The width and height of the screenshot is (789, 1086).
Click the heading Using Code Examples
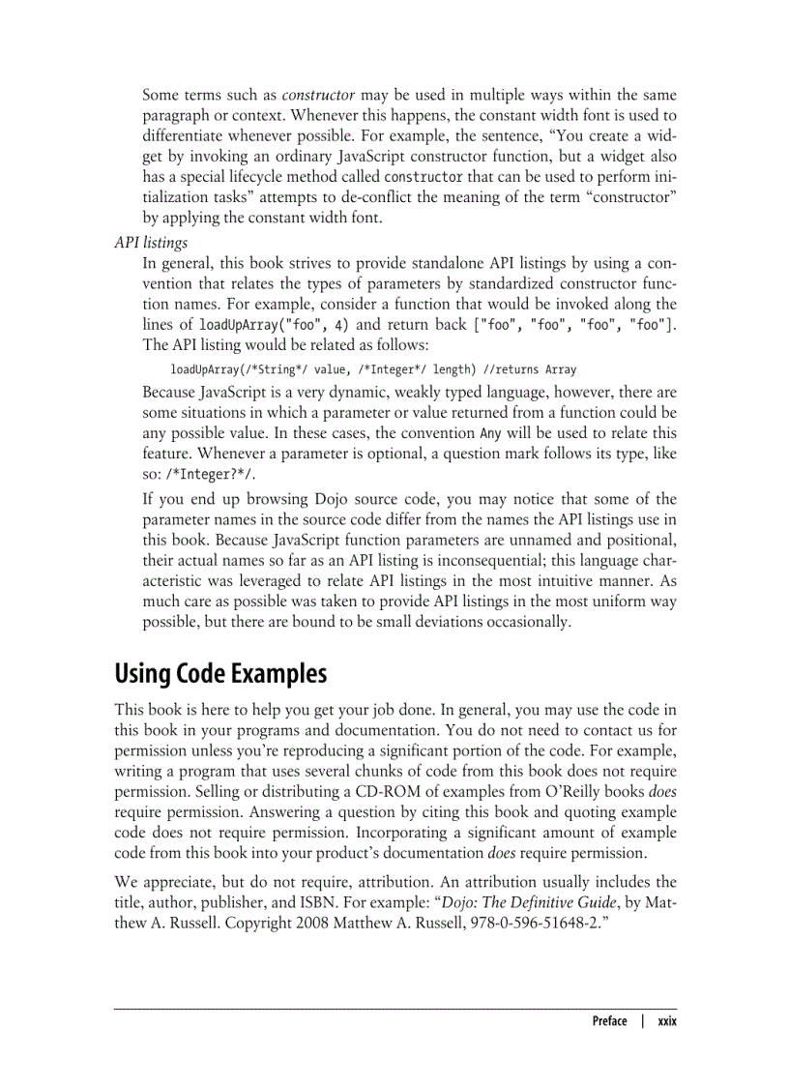pyautogui.click(x=220, y=672)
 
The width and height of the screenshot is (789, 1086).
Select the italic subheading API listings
pyautogui.click(x=151, y=242)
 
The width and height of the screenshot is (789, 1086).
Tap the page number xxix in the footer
pyautogui.click(x=666, y=1021)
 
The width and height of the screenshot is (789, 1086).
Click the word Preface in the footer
pyautogui.click(x=609, y=1021)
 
